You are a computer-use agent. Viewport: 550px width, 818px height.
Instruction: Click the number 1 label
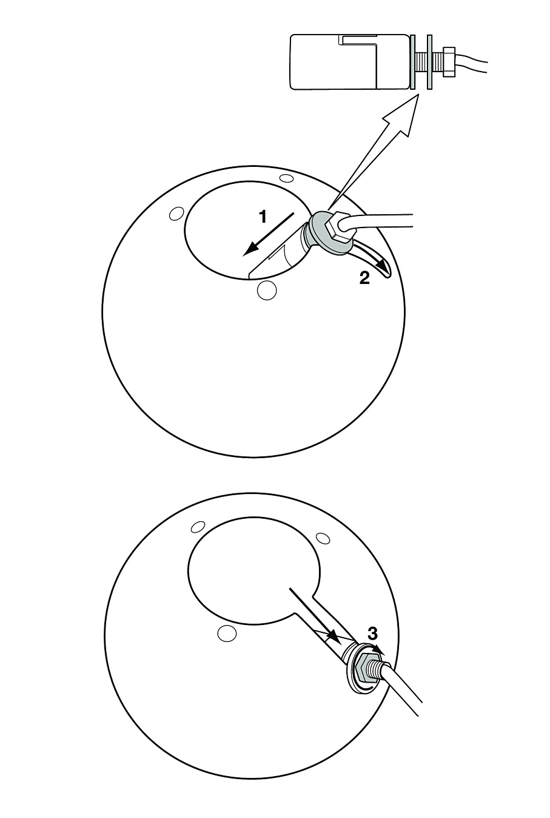coord(263,217)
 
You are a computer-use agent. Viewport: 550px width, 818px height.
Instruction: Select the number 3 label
coord(372,634)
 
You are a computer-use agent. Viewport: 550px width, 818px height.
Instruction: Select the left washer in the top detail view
coord(413,61)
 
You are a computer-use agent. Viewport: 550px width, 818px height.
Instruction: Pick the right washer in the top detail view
coord(429,61)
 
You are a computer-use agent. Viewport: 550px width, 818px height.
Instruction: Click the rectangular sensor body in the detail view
coord(350,61)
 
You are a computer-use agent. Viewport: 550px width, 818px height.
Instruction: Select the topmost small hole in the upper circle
coord(286,178)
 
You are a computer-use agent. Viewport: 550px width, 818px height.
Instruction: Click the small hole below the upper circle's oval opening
coord(267,290)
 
